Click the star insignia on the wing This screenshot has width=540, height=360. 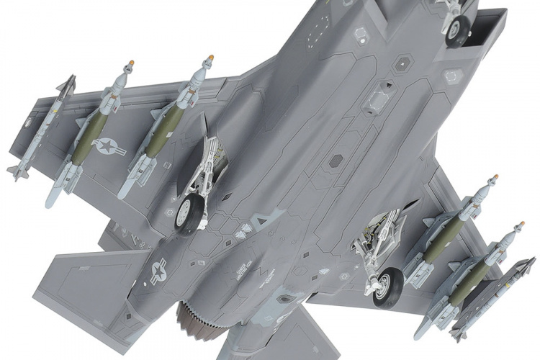pos(109,147)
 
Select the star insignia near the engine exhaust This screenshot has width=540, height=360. pos(156,271)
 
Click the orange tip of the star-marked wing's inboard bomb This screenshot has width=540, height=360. pos(210,57)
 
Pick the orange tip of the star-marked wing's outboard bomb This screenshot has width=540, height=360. pos(130,64)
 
